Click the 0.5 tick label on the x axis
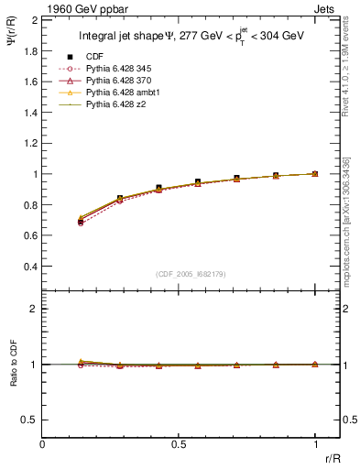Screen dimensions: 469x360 coord(179,444)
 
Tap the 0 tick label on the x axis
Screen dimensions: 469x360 coord(43,444)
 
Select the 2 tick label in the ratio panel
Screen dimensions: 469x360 coord(33,309)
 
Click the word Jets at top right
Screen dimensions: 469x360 coord(327,7)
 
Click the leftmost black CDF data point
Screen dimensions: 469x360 coord(81,222)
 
